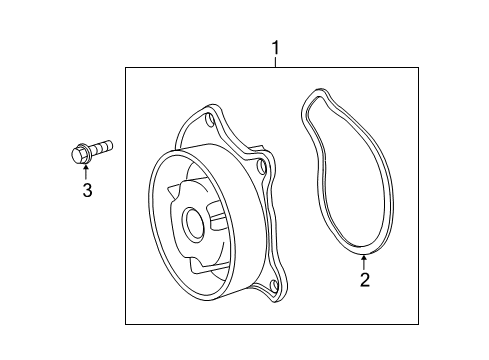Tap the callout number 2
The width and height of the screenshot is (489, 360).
tap(366, 280)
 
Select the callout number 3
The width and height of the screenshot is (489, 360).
tap(87, 191)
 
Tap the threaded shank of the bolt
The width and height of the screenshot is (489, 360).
tap(102, 148)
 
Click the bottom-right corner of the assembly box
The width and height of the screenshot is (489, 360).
tap(417, 323)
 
